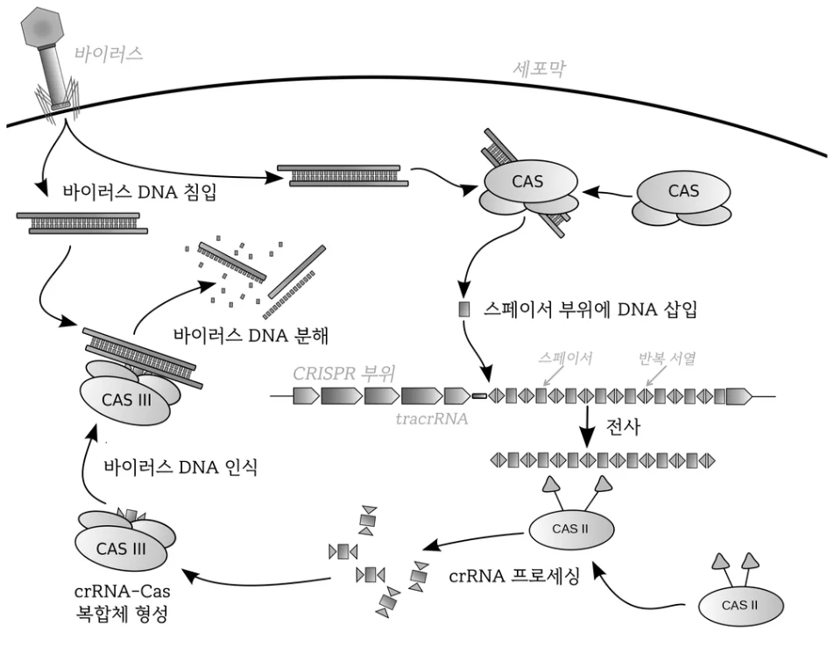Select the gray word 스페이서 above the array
pyautogui.click(x=567, y=359)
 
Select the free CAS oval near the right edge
pyautogui.click(x=684, y=190)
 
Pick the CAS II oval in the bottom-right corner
pyautogui.click(x=740, y=604)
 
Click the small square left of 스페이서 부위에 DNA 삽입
pyautogui.click(x=464, y=309)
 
